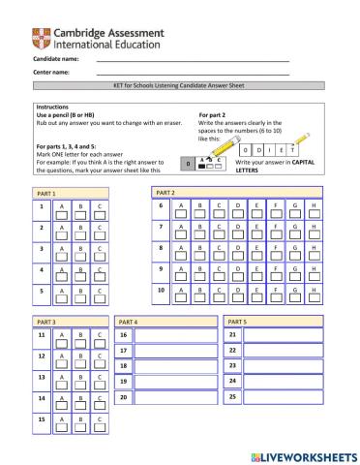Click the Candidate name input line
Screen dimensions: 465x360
193,60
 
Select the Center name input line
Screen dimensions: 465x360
193,73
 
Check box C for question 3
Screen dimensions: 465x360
101,255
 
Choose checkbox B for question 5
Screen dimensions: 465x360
81,295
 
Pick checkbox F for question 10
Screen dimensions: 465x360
276,295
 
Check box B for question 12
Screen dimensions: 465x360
81,360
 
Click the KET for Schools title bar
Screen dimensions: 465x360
180,86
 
